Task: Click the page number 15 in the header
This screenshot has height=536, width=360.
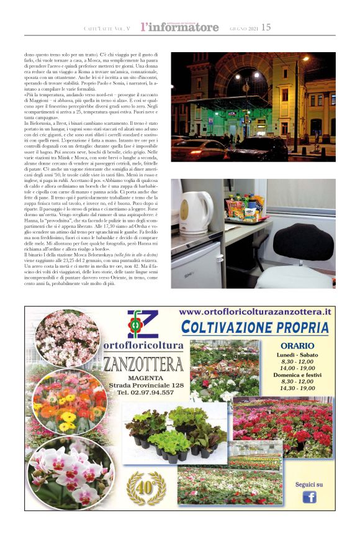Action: click(x=266, y=27)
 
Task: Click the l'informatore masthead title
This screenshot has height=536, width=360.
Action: click(x=179, y=27)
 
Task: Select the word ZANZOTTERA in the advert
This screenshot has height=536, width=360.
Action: click(x=143, y=364)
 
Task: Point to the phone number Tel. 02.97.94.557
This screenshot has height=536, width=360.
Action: click(x=144, y=393)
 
